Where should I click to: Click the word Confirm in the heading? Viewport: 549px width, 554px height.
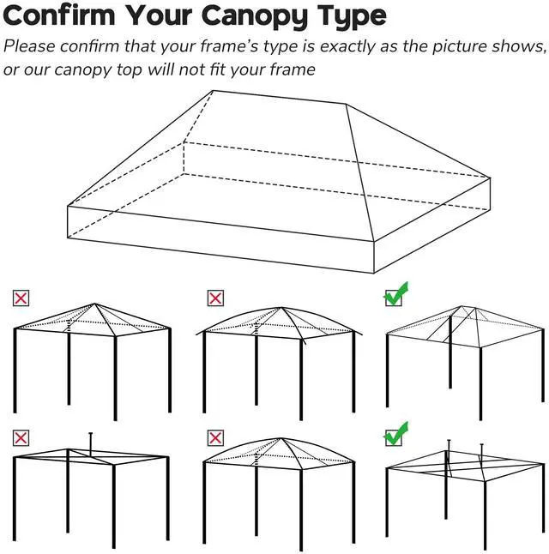click(x=62, y=16)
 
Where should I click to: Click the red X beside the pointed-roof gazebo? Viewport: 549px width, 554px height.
click(x=21, y=298)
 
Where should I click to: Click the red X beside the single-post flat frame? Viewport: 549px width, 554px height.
click(x=21, y=437)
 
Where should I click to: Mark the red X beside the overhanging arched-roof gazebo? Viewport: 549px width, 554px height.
click(x=216, y=298)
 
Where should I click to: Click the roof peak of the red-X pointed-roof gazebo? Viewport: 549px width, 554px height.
click(x=94, y=304)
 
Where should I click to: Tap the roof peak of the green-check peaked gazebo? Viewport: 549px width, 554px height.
click(x=462, y=307)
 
